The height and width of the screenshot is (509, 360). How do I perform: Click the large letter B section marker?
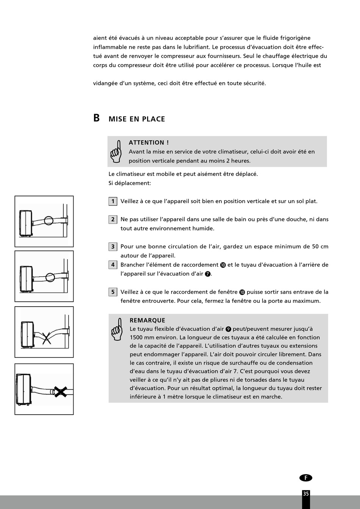97,118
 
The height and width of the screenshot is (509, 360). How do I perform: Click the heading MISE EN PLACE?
137,119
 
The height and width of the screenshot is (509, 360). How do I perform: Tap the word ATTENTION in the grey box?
147,143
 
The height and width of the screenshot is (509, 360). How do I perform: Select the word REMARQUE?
147,320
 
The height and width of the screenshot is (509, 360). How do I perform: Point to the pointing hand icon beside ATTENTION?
116,152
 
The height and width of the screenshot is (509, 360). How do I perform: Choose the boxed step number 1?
113,201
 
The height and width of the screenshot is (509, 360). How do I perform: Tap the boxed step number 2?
113,219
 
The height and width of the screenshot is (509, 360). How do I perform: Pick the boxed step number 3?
113,247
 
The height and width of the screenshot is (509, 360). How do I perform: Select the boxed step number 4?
113,265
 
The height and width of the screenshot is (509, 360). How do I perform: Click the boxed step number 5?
113,292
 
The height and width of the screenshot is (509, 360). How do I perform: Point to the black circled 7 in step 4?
208,274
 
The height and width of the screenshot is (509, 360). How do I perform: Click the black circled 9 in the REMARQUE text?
228,329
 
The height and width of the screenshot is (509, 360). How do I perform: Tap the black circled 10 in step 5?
242,292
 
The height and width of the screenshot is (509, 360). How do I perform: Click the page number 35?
306,493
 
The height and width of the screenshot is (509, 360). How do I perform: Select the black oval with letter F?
306,478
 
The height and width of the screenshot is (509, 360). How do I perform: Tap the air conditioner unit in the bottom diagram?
24,389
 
